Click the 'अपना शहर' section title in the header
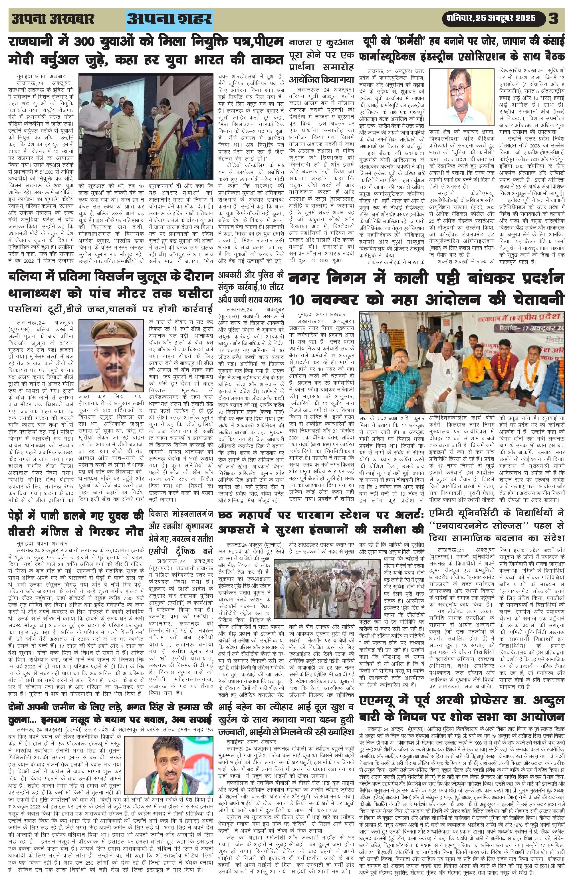tap(170, 19)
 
